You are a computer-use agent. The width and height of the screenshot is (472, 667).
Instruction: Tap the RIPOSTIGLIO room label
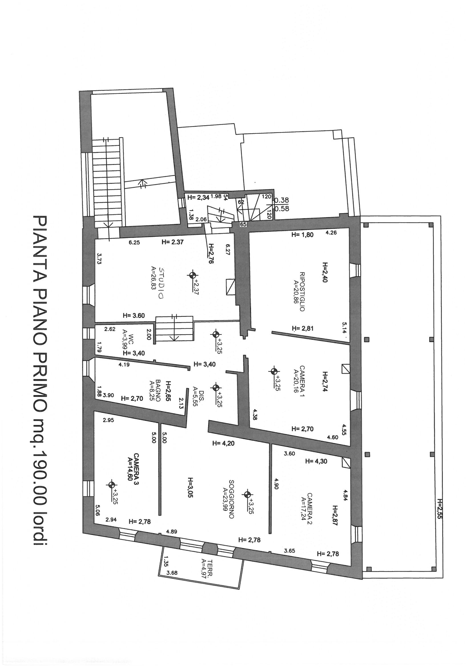coord(302,292)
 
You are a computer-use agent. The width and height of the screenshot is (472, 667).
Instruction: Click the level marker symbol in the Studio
coord(192,275)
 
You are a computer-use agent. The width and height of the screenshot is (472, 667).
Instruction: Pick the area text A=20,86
coord(295,292)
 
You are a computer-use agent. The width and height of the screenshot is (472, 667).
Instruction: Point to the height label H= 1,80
coord(302,235)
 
